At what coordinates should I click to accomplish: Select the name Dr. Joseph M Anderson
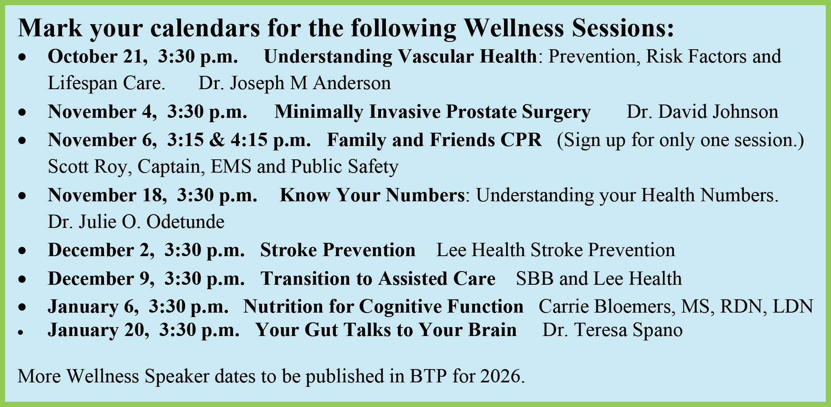pyautogui.click(x=295, y=83)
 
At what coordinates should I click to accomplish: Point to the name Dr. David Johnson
pyautogui.click(x=702, y=112)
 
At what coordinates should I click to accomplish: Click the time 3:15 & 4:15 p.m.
pyautogui.click(x=239, y=140)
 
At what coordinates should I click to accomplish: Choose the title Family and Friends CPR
pyautogui.click(x=434, y=140)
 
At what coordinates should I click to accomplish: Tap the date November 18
pyautogui.click(x=107, y=195)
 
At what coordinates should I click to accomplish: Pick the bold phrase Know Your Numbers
pyautogui.click(x=372, y=195)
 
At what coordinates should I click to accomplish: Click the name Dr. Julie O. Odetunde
pyautogui.click(x=136, y=222)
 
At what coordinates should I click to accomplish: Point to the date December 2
pyautogui.click(x=101, y=250)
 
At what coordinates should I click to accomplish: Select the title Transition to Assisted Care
pyautogui.click(x=378, y=279)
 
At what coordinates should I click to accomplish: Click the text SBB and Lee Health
pyautogui.click(x=599, y=279)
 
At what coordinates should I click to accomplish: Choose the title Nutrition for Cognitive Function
pyautogui.click(x=383, y=307)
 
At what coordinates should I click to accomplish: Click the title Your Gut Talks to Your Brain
pyautogui.click(x=386, y=330)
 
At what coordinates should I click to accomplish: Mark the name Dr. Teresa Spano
pyautogui.click(x=612, y=330)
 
